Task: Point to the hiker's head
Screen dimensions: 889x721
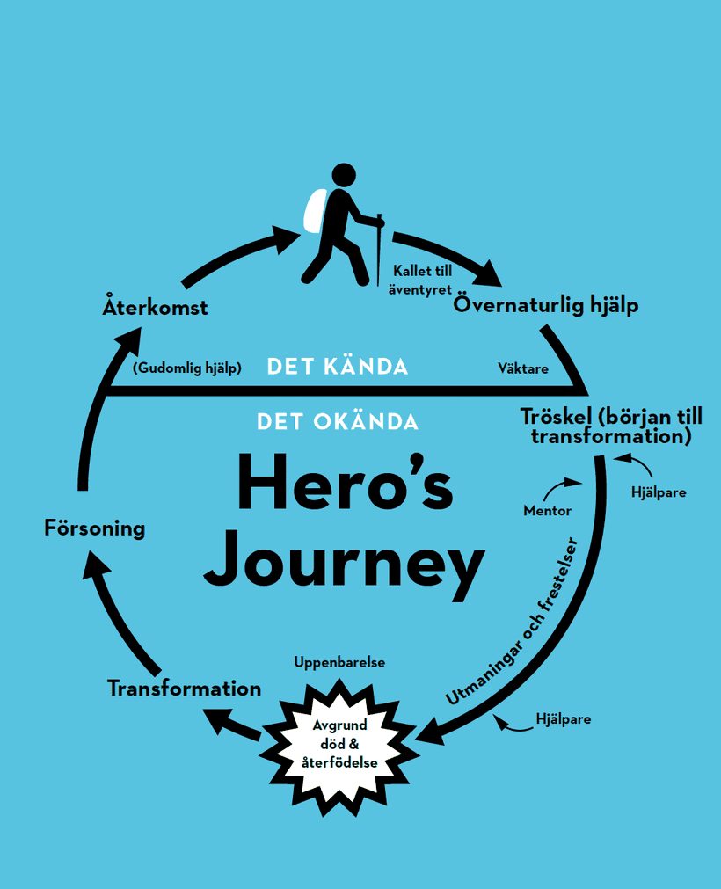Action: pos(344,174)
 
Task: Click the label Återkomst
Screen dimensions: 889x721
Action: pos(156,307)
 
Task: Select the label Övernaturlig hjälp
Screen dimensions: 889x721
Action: pos(546,305)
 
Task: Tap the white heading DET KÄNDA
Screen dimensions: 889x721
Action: pos(338,367)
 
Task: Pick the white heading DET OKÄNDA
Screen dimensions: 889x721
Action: pos(338,421)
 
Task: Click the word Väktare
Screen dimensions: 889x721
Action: pos(523,368)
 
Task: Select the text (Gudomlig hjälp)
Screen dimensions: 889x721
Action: pos(186,368)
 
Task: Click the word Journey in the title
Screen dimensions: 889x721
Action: pos(345,559)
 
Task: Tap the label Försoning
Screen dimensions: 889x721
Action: pos(95,528)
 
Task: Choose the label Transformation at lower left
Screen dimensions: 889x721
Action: pos(185,688)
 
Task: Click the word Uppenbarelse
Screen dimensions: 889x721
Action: pos(339,661)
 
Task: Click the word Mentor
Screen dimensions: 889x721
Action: pos(547,510)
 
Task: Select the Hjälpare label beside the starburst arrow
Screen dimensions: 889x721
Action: pos(563,719)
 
